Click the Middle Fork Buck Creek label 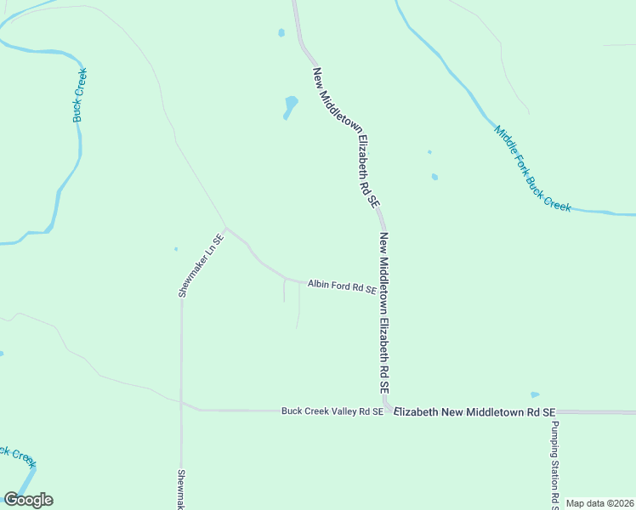click(532, 169)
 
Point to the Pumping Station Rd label click(554, 464)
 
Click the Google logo click(28, 500)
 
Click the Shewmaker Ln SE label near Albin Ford click(201, 265)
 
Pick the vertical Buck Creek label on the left click(80, 94)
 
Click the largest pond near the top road click(291, 107)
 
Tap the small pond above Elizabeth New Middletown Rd click(535, 394)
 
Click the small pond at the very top click(281, 34)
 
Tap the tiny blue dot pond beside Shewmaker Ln click(176, 249)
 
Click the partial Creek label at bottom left click(17, 455)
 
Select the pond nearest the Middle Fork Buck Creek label click(434, 177)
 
